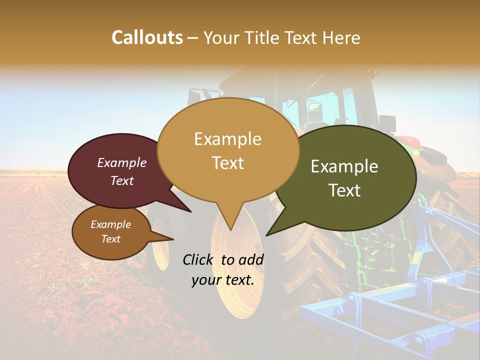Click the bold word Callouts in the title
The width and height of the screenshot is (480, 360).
(147, 37)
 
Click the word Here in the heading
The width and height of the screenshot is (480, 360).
(342, 37)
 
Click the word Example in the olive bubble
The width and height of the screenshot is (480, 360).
(344, 166)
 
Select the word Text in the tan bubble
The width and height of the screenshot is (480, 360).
(228, 163)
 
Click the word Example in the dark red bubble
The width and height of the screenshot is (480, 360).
(122, 162)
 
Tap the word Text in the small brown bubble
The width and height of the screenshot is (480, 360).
(110, 239)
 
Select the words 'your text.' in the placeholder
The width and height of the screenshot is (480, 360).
(223, 280)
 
